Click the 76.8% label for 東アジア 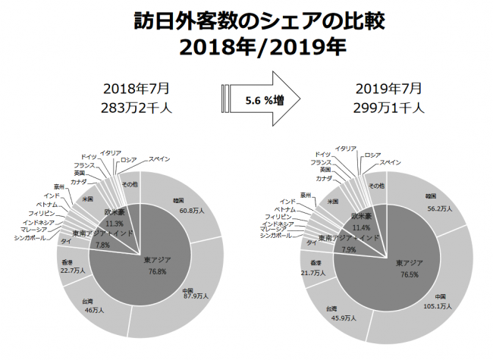tap(156, 270)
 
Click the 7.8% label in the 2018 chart tap(102, 245)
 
